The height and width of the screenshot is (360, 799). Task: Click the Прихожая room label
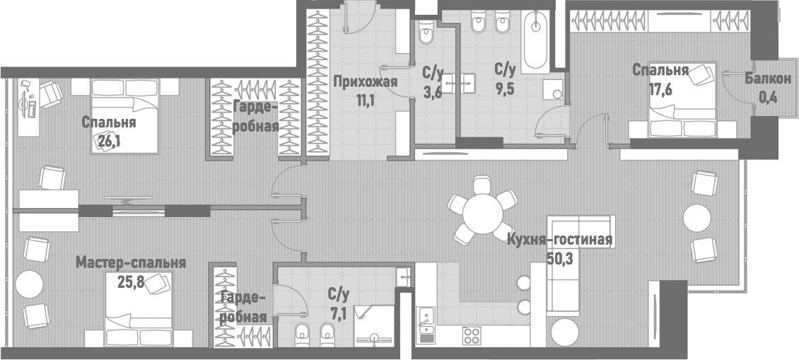[364, 81]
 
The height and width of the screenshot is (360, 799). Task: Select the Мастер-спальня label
[131, 263]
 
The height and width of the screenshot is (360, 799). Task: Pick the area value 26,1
[108, 139]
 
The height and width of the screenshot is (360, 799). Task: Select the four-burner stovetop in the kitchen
[472, 334]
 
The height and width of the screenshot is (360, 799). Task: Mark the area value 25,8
[131, 281]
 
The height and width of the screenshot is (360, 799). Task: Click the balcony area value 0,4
[767, 98]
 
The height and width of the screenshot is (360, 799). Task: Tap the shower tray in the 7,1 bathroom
[375, 326]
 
